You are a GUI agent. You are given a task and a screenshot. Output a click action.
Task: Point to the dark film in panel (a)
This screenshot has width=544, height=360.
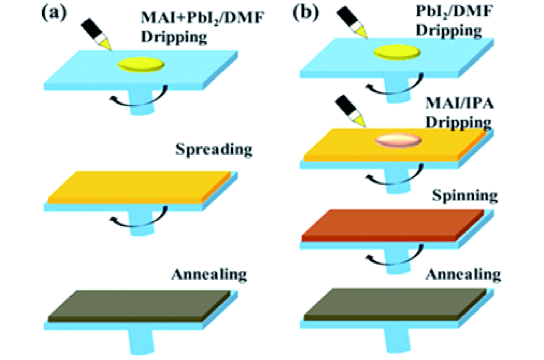[x=139, y=305]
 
